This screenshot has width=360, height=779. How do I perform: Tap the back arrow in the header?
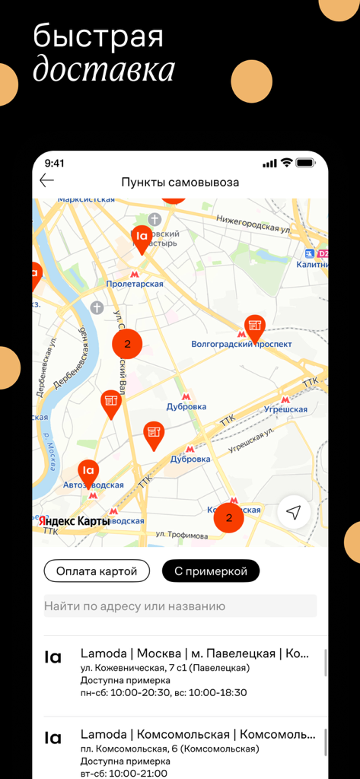point(47,181)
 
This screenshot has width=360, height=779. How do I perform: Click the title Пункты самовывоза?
point(180,183)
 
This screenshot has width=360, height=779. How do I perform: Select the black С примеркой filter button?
point(211,571)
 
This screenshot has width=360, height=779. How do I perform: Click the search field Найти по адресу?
point(180,606)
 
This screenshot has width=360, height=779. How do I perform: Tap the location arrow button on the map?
point(294,513)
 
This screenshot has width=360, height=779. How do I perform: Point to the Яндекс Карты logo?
point(74,521)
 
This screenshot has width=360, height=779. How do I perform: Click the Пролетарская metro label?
point(135,284)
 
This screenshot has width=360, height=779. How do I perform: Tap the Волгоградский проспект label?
point(241,344)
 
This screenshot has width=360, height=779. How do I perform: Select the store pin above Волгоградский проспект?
point(254,327)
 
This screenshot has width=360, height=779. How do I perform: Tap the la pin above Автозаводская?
point(88,472)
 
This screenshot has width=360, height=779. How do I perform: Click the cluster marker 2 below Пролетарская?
point(127,344)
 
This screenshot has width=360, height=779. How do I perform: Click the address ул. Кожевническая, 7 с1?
point(164,668)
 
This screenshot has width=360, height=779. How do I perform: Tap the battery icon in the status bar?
point(305,163)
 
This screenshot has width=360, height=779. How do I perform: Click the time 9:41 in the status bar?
point(55,163)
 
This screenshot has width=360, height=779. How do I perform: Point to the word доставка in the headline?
point(104,69)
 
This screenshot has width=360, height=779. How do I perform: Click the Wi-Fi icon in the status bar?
point(287,163)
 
